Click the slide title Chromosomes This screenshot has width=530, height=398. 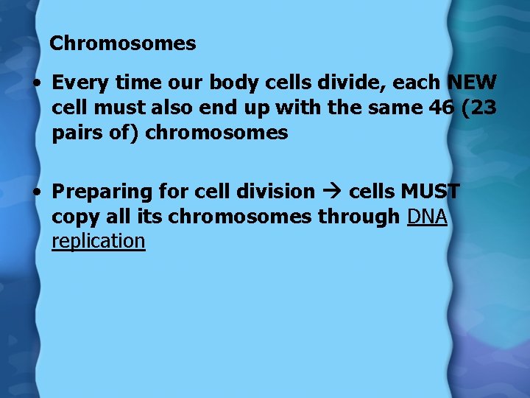(x=122, y=43)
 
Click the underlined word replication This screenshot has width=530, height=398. (x=99, y=241)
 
